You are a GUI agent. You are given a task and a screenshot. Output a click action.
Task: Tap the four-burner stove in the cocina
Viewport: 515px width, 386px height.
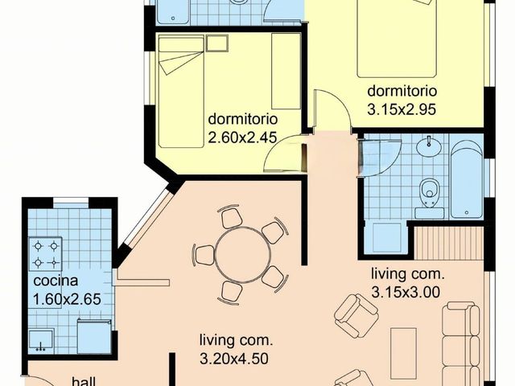46,254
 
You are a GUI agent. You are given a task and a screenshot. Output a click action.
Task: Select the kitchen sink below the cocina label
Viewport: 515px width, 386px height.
41,340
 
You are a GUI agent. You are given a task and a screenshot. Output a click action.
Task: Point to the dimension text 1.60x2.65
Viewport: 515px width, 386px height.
67,299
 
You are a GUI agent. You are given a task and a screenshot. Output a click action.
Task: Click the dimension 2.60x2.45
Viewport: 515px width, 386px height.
243,138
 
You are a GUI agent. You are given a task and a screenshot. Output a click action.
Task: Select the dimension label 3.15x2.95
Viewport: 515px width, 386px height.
402,109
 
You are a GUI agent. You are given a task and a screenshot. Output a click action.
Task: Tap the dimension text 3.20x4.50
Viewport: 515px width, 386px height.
234,359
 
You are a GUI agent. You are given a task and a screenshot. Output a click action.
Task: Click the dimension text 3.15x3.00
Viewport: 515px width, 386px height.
406,291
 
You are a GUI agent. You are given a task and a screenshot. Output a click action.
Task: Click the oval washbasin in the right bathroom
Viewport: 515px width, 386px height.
428,145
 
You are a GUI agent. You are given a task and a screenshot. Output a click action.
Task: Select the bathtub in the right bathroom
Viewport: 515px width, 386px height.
467,179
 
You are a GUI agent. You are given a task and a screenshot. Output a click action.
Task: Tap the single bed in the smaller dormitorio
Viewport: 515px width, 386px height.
180,92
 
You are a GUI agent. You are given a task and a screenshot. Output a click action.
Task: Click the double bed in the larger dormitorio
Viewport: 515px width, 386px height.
397,39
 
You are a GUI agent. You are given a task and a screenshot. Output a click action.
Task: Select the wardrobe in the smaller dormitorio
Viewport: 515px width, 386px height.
286,71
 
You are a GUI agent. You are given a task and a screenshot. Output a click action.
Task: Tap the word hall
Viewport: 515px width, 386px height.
84,382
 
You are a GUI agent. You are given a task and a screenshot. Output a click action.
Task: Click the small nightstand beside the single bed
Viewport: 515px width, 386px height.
217,43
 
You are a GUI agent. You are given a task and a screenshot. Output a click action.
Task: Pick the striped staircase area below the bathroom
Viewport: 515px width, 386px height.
449,243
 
